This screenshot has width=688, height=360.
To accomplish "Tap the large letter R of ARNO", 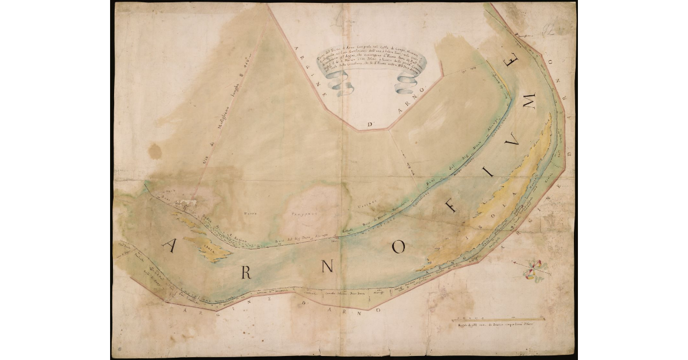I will click(x=246, y=272).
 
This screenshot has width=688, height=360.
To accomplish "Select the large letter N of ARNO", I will click(x=327, y=267).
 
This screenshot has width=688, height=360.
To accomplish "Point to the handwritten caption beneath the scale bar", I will click(x=495, y=326).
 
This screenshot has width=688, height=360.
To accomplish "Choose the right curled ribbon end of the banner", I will click(x=408, y=84).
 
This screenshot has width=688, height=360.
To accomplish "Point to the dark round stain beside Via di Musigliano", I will click(x=154, y=151).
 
